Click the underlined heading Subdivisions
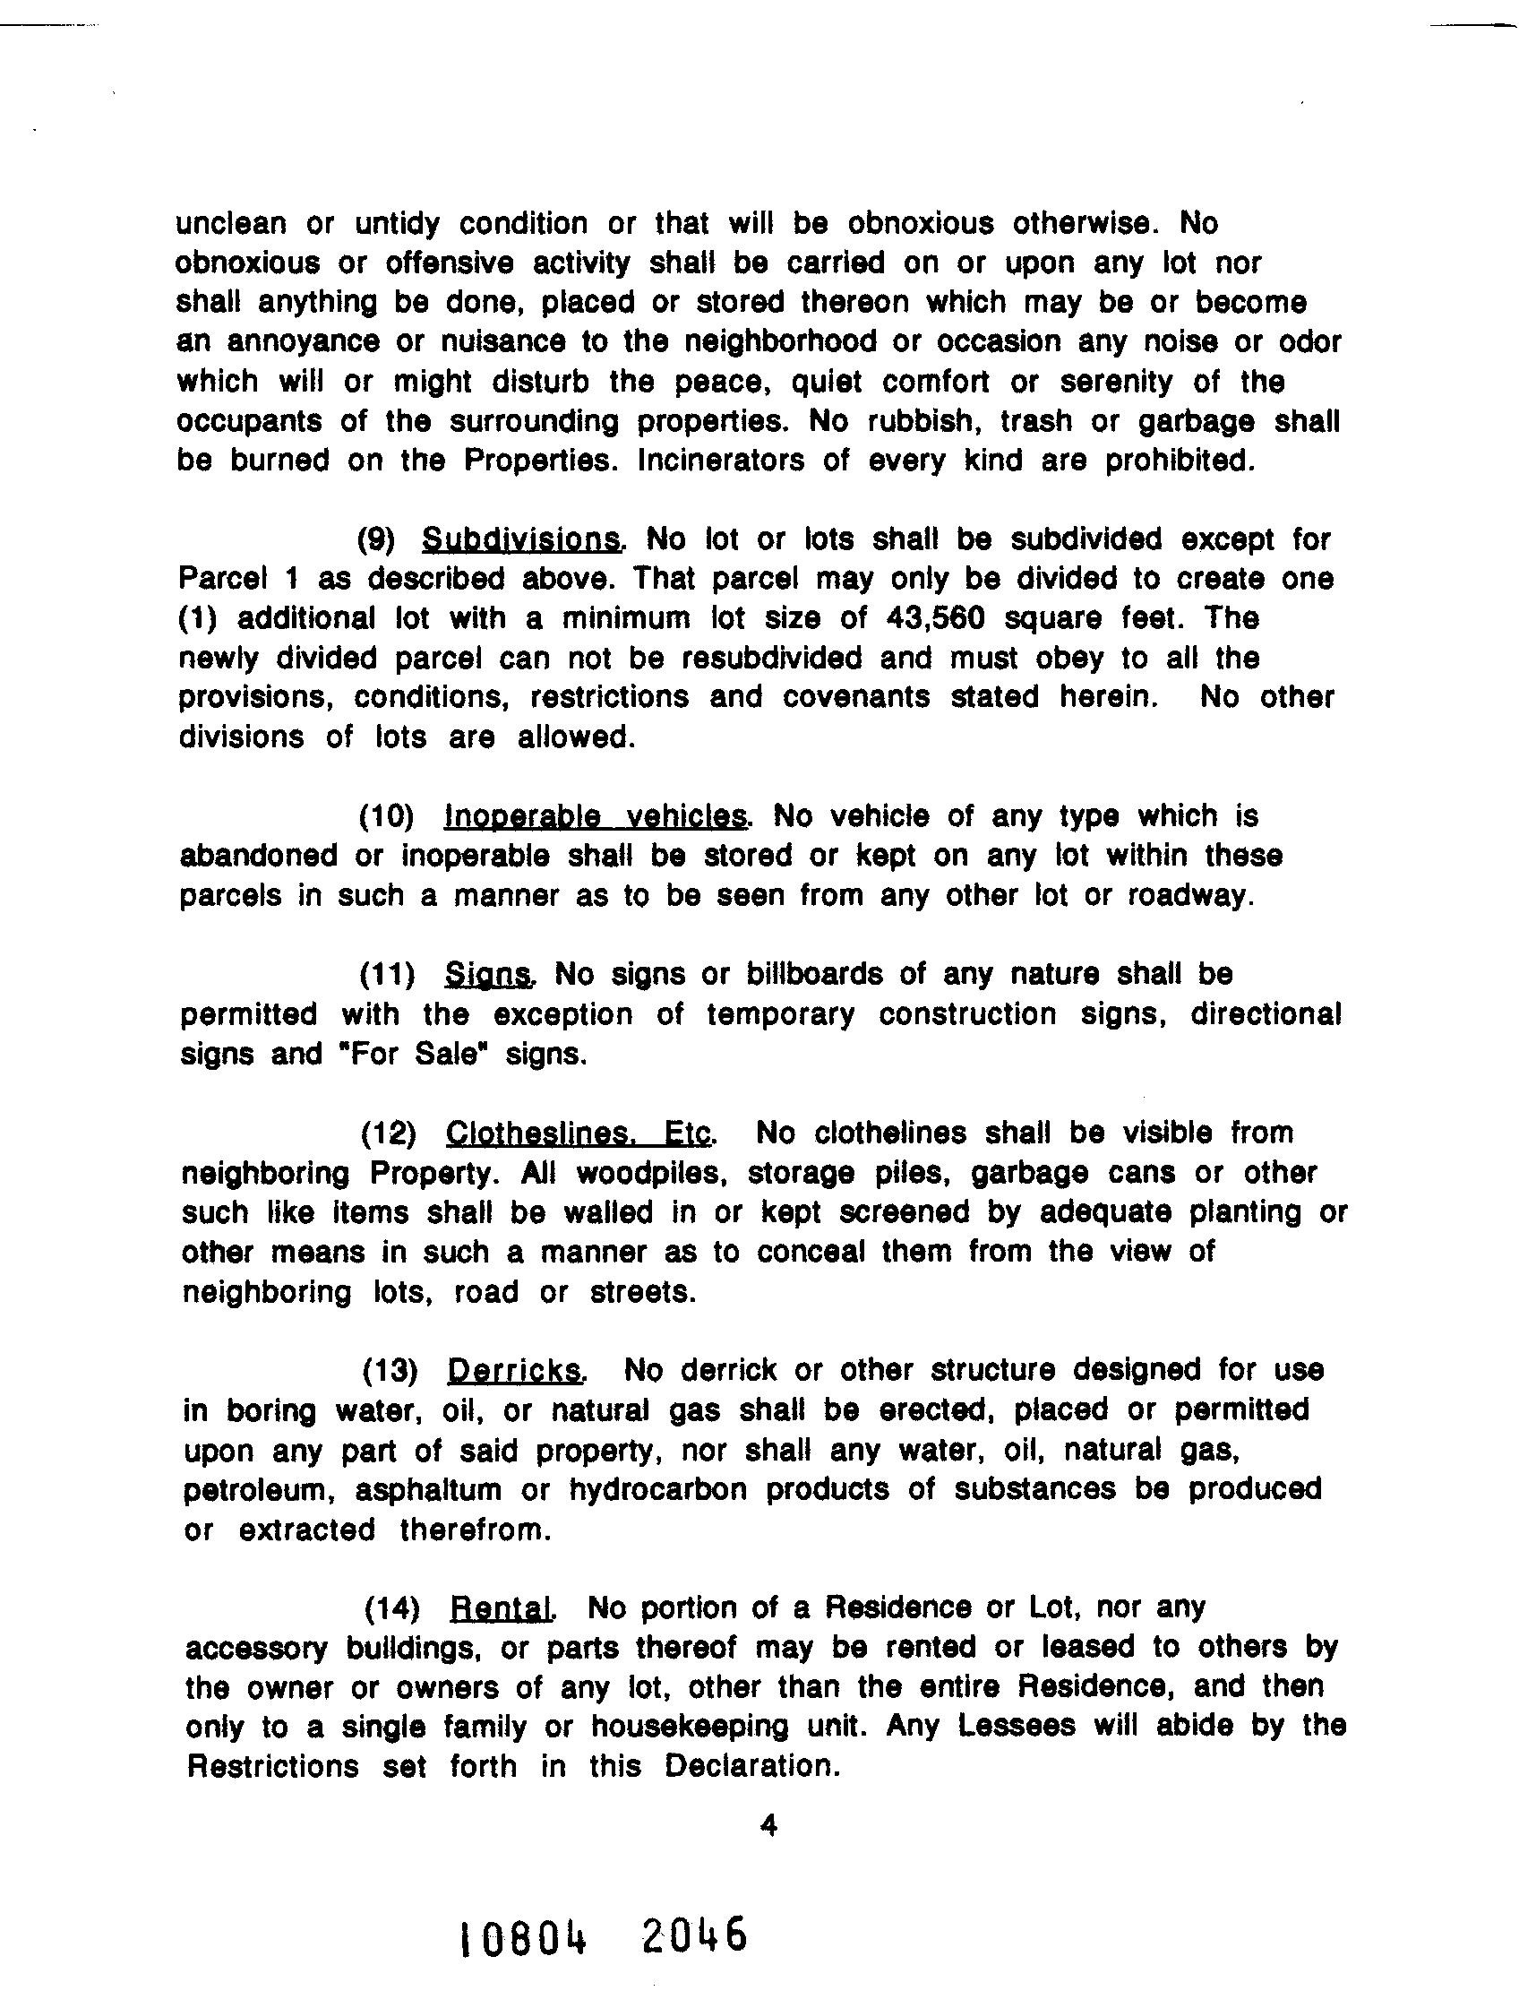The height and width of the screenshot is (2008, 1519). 523,539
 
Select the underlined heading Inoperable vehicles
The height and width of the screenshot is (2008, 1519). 597,816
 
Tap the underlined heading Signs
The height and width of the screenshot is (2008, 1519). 488,975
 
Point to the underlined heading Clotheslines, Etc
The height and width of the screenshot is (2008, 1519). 580,1133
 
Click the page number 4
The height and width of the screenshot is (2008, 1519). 768,1825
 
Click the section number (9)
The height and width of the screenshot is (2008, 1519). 376,540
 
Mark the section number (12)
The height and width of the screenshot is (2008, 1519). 389,1133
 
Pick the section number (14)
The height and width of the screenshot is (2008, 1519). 392,1608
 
